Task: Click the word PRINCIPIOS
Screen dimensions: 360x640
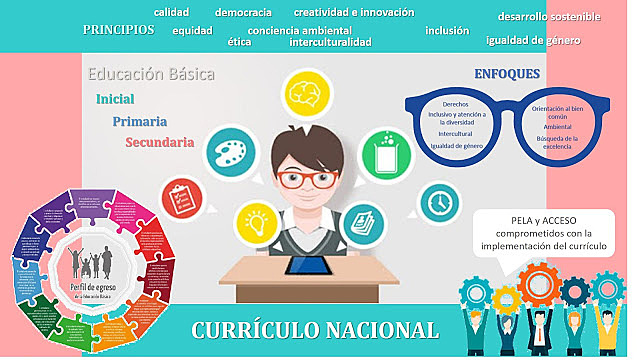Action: click(x=119, y=30)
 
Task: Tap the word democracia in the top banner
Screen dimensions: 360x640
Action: click(x=243, y=12)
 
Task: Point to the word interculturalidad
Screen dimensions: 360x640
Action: click(x=330, y=42)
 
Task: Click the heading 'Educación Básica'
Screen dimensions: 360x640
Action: click(x=151, y=74)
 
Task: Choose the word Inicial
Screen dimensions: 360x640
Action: click(x=116, y=99)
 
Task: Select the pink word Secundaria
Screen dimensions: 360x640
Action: click(x=160, y=143)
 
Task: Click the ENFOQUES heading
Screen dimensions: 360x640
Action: click(x=507, y=74)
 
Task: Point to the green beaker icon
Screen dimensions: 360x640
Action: click(x=385, y=151)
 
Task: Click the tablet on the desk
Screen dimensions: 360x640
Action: click(x=307, y=266)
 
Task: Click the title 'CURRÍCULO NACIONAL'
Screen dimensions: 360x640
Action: click(x=315, y=331)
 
